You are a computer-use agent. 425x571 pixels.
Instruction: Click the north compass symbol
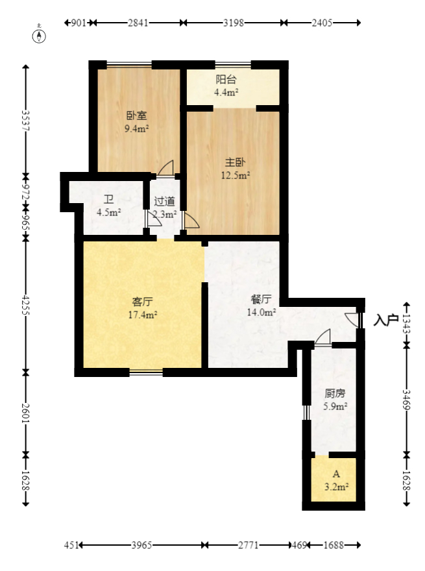click(x=40, y=34)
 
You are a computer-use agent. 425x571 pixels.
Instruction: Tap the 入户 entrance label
click(x=385, y=320)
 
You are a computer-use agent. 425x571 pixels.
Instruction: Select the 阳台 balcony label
click(x=226, y=80)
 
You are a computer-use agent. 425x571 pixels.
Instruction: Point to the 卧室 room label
click(x=136, y=116)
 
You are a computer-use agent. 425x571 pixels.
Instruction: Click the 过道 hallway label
click(x=164, y=201)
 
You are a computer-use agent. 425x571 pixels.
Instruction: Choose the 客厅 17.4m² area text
click(x=142, y=315)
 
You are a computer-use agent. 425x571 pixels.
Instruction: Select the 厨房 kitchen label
click(x=335, y=393)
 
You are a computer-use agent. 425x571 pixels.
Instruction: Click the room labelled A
click(x=336, y=474)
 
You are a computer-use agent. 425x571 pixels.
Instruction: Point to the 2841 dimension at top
click(x=138, y=23)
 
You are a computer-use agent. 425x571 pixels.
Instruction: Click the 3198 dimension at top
click(x=233, y=23)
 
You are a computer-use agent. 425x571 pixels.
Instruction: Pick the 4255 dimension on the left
click(x=25, y=306)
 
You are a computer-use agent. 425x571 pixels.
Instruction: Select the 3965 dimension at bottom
click(x=141, y=546)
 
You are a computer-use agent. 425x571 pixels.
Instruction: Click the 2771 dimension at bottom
click(x=247, y=546)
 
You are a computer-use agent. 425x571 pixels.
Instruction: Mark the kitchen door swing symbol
click(x=323, y=337)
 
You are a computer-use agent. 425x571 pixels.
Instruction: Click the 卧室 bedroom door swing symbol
click(x=167, y=167)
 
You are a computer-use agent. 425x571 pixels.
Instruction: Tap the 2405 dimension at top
click(x=322, y=23)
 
